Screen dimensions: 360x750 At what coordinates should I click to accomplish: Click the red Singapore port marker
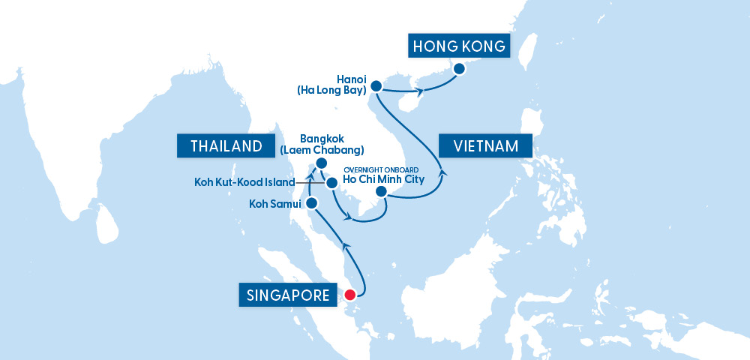[349, 295]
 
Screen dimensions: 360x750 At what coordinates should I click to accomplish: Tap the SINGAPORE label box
[288, 295]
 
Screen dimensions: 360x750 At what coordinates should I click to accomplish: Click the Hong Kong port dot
[460, 68]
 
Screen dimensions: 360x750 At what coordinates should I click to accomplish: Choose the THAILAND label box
[225, 145]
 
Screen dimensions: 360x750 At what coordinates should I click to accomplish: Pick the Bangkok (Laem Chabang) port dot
[321, 163]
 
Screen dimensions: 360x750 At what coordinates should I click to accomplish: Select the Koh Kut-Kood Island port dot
[331, 181]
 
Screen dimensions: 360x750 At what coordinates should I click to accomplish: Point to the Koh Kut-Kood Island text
[245, 181]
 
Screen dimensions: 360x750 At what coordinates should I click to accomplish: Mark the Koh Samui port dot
[312, 203]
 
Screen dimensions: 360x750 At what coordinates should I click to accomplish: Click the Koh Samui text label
[275, 203]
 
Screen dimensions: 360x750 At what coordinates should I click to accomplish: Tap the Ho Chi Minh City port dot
[381, 192]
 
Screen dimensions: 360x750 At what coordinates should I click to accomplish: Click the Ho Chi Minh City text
[385, 180]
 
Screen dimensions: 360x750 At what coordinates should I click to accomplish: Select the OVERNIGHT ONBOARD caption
[385, 169]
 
